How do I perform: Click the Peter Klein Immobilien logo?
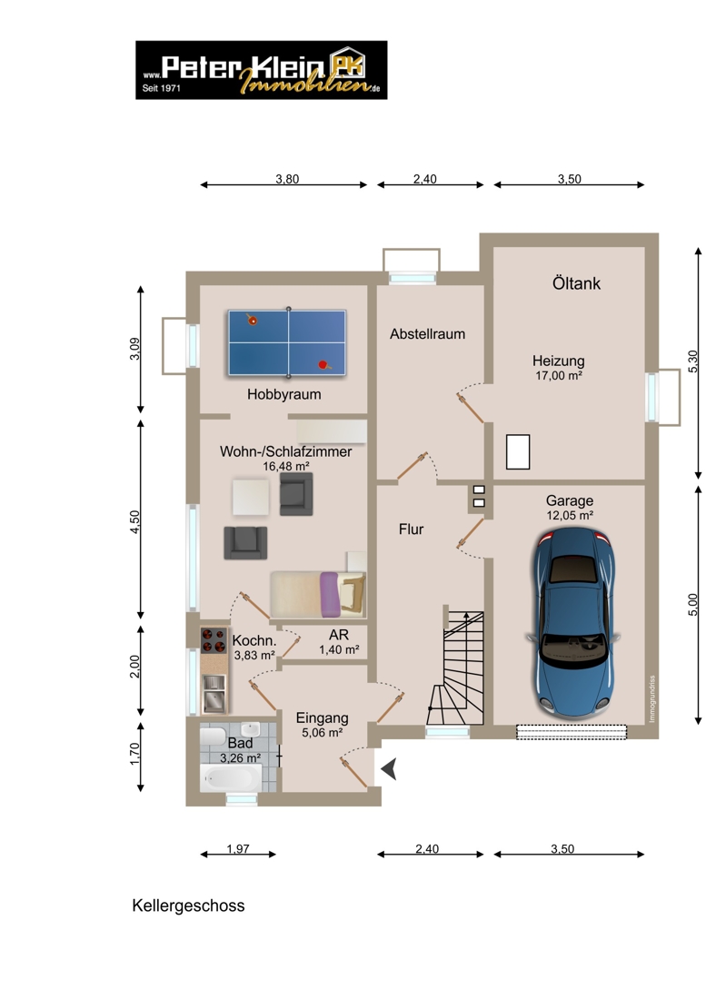pos(262,70)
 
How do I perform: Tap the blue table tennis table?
pos(287,342)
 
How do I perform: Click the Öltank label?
pos(576,283)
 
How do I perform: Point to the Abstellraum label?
pos(428,334)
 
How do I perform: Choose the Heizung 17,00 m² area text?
pos(558,368)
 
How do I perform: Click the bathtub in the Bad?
pos(231,778)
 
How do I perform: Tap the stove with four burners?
pos(214,641)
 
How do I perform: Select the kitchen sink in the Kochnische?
pos(214,694)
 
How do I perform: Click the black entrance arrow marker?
pos(389,769)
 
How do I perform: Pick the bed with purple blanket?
pos(318,595)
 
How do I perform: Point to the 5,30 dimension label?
pos(693,361)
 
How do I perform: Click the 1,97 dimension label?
pos(238,848)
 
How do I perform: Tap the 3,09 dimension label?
pos(134,349)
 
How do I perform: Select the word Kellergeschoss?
pos(188,906)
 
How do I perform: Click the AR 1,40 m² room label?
pos(339,642)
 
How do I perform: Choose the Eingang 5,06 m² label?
pos(322,725)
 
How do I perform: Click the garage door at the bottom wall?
pos(572,732)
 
